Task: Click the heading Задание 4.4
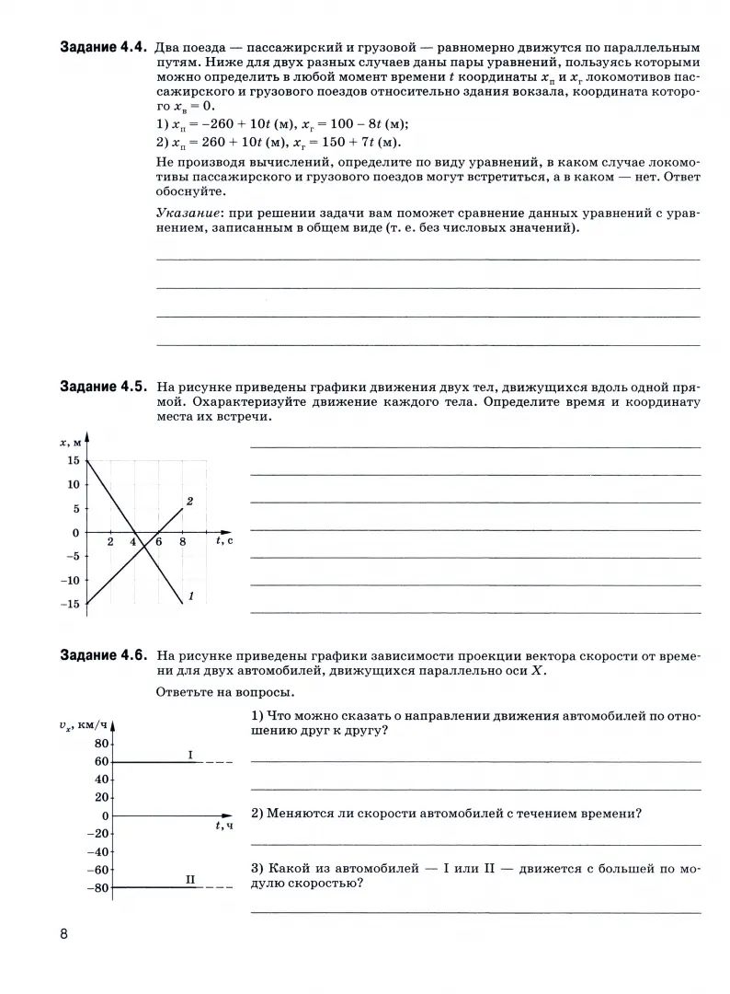103,47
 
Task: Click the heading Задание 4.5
103,387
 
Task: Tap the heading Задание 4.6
103,656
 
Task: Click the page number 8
64,934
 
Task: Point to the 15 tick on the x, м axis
73,460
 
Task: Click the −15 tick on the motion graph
69,604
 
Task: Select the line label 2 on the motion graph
188,502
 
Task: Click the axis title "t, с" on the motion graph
224,541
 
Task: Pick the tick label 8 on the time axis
182,542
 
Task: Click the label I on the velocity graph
189,755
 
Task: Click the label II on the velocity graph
190,880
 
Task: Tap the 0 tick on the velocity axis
106,816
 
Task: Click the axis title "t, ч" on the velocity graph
224,826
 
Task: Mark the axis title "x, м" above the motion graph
72,443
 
